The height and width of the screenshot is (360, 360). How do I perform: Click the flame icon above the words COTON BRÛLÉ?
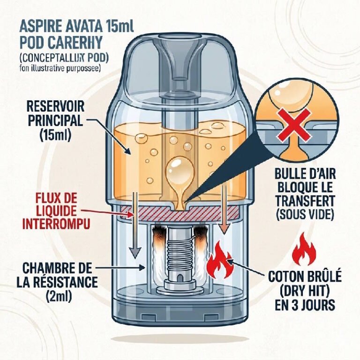pyautogui.click(x=304, y=252)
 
